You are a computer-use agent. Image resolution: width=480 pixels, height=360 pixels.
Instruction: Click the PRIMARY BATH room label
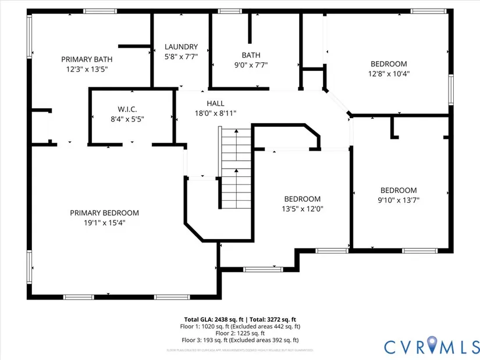(87, 59)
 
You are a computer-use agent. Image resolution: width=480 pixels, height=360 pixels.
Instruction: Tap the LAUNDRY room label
(181, 47)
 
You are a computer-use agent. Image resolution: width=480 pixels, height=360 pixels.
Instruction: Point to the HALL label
(215, 104)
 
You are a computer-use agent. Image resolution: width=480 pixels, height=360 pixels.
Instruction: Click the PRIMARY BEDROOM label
(104, 213)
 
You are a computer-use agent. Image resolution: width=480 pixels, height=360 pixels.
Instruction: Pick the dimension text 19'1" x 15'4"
(104, 222)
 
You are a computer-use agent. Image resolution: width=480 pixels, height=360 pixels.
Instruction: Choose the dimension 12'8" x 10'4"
(389, 74)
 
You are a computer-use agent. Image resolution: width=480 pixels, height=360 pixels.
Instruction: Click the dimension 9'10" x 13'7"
(399, 199)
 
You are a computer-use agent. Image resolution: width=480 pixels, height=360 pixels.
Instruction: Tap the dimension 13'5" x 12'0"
(303, 208)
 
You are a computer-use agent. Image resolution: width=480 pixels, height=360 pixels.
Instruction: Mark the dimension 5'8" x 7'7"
(181, 56)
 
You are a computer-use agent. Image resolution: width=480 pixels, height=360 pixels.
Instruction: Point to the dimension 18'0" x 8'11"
(215, 113)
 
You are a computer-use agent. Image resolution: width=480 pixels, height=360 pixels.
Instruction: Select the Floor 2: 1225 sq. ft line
(240, 333)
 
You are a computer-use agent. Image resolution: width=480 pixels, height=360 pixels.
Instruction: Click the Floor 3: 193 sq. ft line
(240, 340)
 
